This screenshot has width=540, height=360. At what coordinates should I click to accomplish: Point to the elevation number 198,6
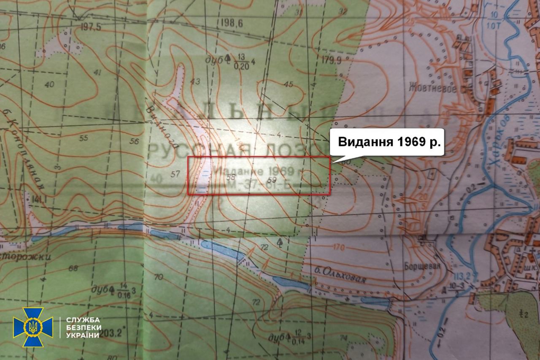pos(232,23)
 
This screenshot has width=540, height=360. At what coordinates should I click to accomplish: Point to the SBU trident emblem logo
pos(33,327)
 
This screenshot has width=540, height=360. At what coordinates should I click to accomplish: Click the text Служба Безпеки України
pos(83,328)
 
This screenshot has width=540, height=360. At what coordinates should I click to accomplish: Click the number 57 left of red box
pos(176,173)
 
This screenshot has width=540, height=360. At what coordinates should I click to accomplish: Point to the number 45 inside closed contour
pos(289,84)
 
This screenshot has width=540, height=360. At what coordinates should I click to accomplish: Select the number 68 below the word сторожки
pos(73,268)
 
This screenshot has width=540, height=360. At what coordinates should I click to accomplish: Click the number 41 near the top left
pos(97,73)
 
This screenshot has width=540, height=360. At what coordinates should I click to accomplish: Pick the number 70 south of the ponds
pos(159,277)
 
